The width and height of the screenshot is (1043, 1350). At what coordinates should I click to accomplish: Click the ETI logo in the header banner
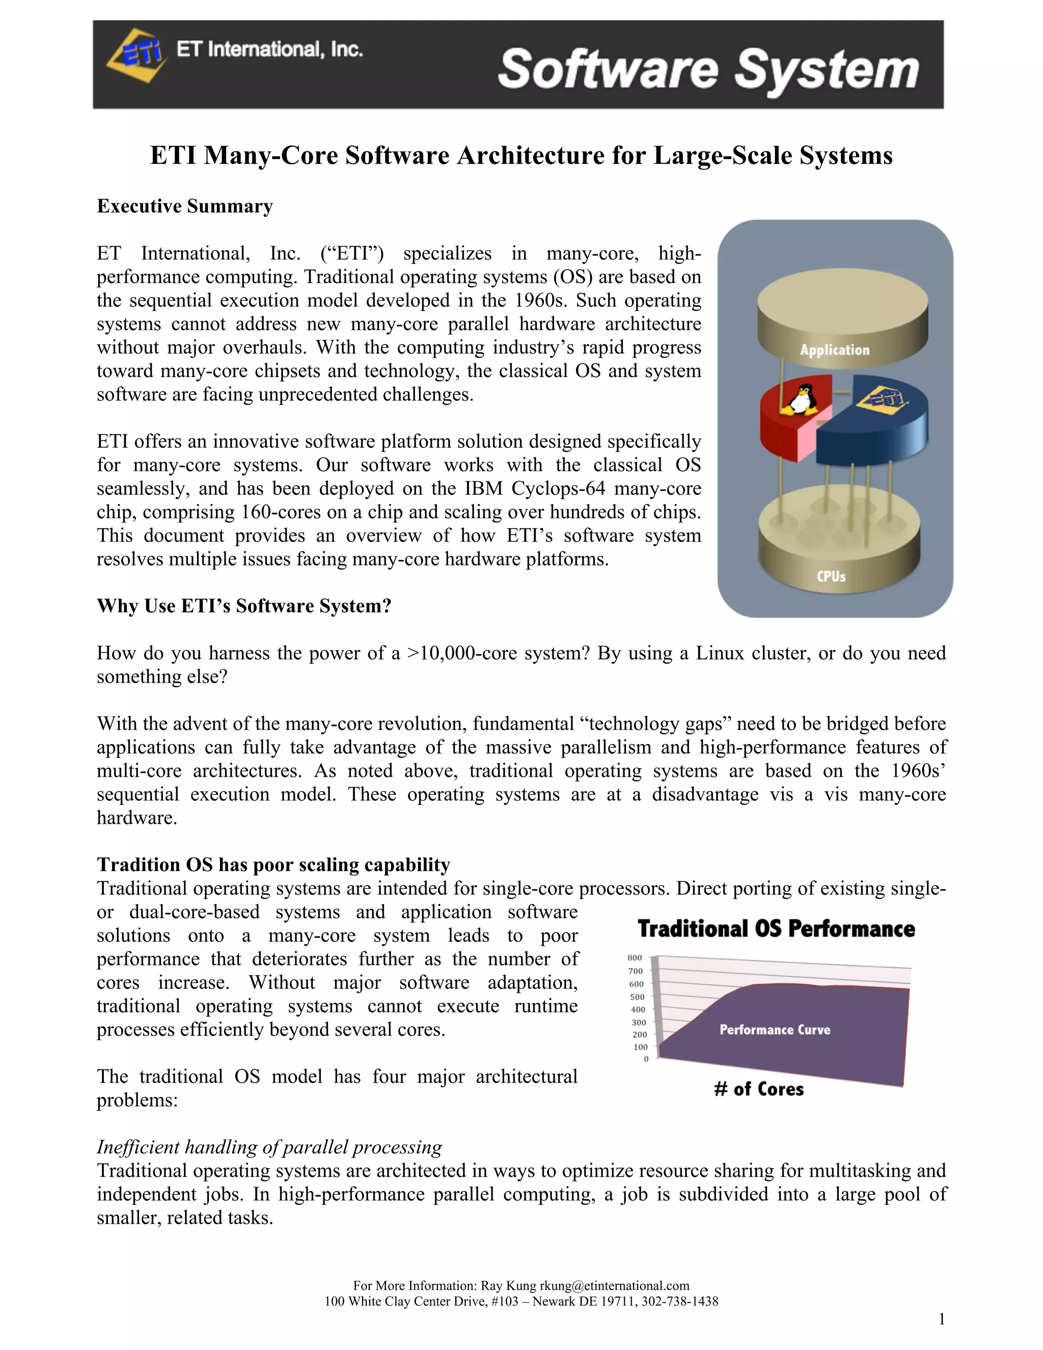(x=136, y=55)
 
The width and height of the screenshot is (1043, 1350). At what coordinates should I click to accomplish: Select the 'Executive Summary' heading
(x=185, y=206)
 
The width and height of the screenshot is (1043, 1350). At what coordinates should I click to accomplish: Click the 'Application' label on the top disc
(x=834, y=350)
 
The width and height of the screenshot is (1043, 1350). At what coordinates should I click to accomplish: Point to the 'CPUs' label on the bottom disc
(x=831, y=576)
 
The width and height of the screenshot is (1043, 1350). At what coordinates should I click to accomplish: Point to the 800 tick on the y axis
(x=635, y=958)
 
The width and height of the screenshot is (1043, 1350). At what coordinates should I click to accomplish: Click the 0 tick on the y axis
(x=646, y=1059)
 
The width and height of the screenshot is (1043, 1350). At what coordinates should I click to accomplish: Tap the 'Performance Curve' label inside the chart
(x=775, y=1030)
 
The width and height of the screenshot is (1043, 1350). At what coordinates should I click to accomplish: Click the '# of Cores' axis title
(x=759, y=1089)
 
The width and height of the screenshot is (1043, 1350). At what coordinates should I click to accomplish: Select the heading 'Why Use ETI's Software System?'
(x=244, y=606)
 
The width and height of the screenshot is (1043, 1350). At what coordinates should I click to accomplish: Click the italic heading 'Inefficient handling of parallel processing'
(x=269, y=1147)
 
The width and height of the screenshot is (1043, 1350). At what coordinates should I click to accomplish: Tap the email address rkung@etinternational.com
(x=614, y=1286)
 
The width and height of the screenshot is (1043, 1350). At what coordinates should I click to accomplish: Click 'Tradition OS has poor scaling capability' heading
(x=273, y=864)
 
